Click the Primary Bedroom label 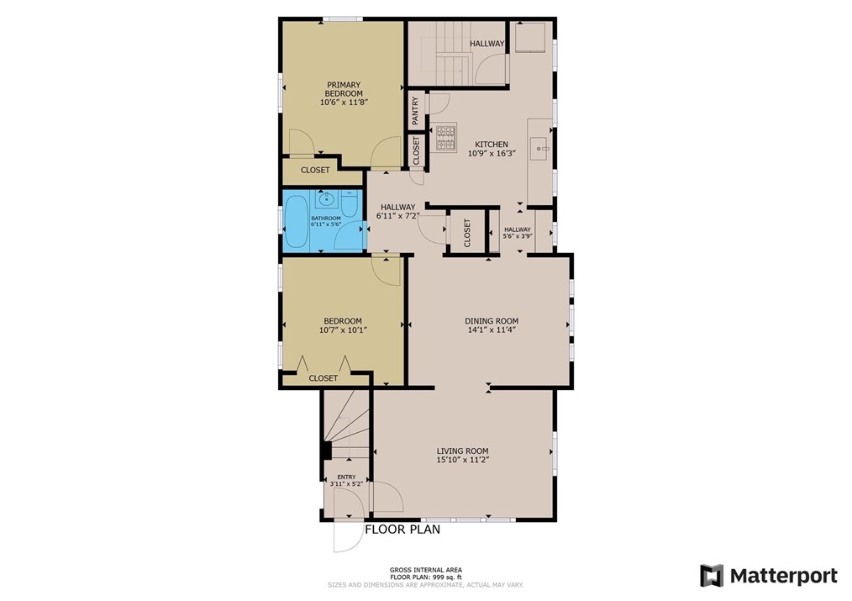coord(344,89)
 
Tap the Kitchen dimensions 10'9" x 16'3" coord(492,153)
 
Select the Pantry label coord(416,110)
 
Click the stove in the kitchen coord(445,138)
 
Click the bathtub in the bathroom coord(297,221)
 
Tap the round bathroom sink coord(327,199)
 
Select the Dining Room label coord(492,320)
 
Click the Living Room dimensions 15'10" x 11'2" coord(462,460)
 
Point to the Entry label coord(346,477)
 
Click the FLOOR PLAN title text coord(402,530)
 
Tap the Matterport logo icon coord(712,576)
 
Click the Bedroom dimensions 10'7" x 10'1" coord(343,329)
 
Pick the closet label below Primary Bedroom coord(315,170)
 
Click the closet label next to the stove coord(416,150)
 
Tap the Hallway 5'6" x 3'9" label coord(518,233)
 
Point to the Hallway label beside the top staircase coord(486,44)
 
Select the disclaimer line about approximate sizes coord(425,585)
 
